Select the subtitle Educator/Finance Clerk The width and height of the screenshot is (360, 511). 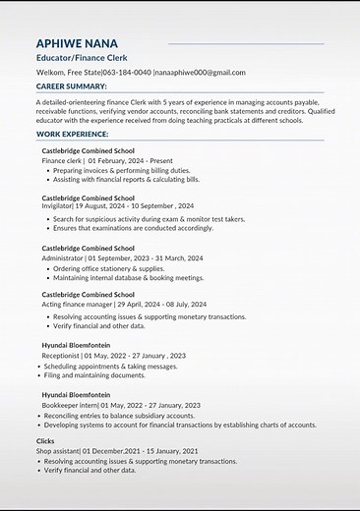(79, 59)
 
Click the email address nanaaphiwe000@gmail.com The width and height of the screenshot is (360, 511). (200, 73)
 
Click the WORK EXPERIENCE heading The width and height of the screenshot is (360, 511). (73, 133)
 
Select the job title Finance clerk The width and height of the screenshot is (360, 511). (62, 159)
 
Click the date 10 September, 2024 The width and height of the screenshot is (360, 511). (159, 207)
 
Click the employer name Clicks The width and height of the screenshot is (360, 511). (45, 441)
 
